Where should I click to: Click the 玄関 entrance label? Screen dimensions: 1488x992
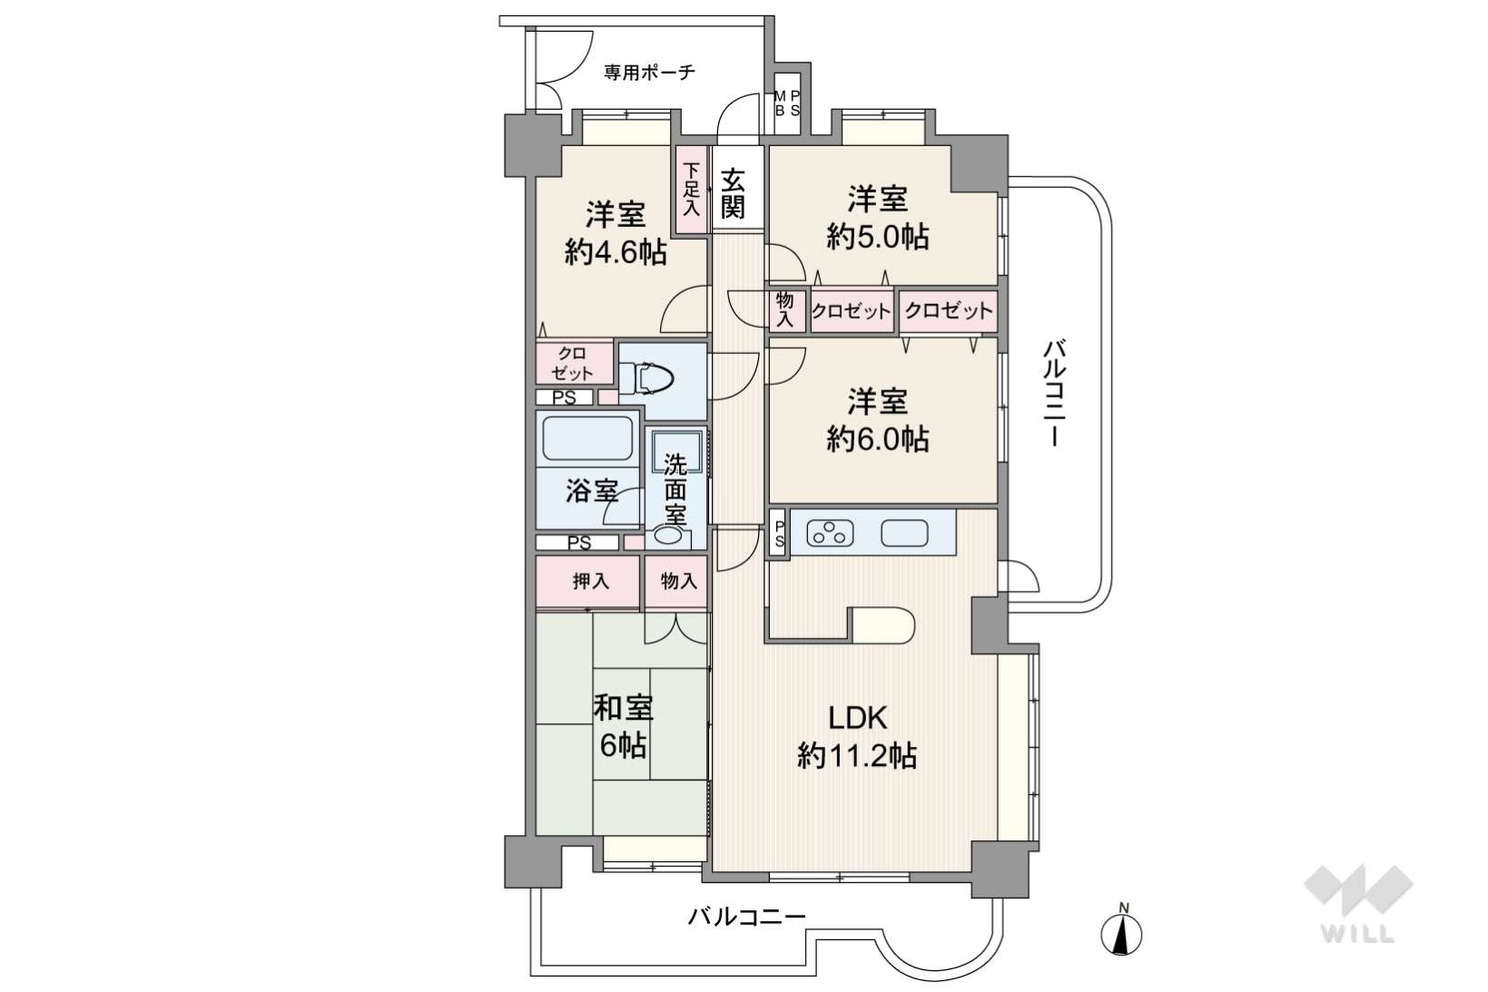click(733, 193)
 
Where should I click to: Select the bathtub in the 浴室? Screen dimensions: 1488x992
click(587, 437)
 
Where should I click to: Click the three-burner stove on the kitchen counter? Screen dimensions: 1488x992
click(830, 533)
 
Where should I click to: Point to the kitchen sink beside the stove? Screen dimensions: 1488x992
click(904, 533)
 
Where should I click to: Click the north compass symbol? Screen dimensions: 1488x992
click(1122, 931)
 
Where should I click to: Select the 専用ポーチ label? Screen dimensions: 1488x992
click(649, 72)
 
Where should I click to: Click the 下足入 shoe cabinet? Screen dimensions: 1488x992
click(692, 190)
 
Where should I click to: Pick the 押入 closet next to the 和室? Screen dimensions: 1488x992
click(588, 582)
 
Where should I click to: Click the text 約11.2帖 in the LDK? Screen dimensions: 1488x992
click(857, 756)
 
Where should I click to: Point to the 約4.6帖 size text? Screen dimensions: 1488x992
click(616, 252)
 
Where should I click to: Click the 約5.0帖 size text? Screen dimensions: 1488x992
click(878, 236)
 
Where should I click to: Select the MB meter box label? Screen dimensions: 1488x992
click(780, 103)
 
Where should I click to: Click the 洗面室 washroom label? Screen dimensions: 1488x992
click(675, 490)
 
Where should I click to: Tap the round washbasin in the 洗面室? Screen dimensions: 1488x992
click(668, 535)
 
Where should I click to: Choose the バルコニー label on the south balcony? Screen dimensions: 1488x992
click(746, 917)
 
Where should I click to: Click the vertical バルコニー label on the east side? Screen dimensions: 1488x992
click(1055, 393)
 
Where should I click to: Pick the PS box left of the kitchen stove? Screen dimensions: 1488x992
click(779, 533)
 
